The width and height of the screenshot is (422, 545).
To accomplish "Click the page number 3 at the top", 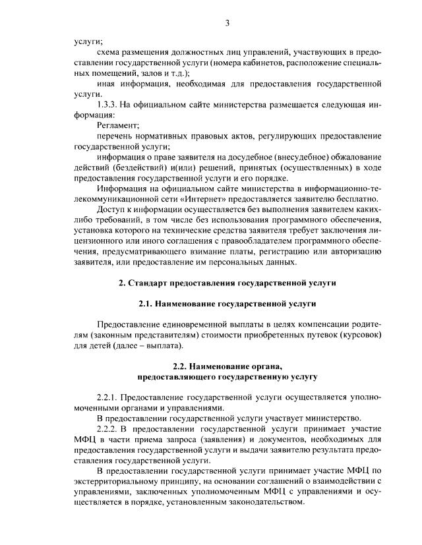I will coord(227,24).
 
